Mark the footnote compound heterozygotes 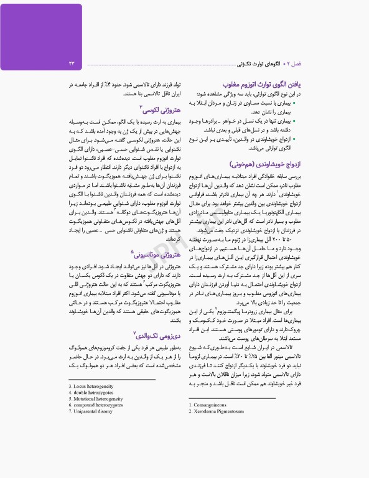pos(98,405)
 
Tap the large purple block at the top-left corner pos(41,28)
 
